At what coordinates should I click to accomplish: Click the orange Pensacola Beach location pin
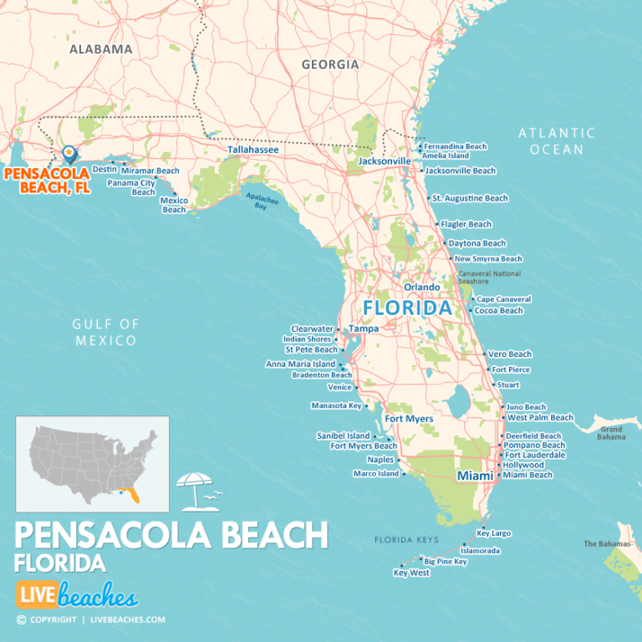coord(69,154)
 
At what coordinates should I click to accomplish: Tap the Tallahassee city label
coord(253,150)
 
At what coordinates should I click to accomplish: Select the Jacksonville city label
coord(385,160)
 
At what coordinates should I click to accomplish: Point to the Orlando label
coord(422,287)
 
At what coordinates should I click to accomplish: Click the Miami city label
coord(469,476)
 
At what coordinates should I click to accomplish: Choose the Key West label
coord(411,573)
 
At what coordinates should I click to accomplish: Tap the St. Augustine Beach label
coord(470,198)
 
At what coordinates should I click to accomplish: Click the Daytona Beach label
coord(477,243)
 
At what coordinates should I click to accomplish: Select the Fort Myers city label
coord(409,419)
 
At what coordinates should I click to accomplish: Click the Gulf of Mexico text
coord(104,332)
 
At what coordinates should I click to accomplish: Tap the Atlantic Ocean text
coord(557,140)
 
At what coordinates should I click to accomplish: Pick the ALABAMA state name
coord(101,49)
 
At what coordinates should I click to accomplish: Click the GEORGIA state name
coord(330,64)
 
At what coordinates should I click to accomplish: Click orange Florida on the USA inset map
coord(131,497)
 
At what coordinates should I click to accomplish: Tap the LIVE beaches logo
coord(77,596)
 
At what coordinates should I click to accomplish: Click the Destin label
coord(104,169)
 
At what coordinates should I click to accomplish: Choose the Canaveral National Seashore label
coord(489,278)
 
